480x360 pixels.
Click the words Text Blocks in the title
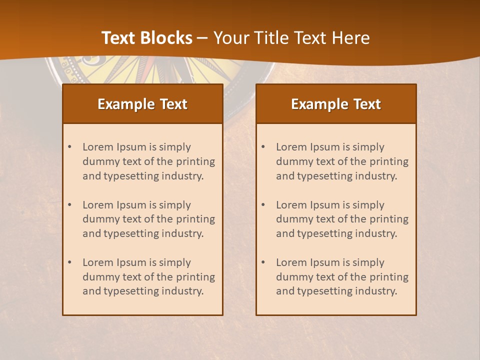146,38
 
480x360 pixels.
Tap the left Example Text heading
142,104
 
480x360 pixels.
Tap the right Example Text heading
336,104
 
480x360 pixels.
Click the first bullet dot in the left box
69,147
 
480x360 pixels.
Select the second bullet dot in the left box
69,205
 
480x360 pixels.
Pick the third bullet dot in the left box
69,262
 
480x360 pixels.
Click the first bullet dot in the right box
263,147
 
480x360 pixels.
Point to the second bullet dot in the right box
263,205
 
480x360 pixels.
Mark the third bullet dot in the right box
263,262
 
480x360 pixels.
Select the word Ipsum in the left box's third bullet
131,262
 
